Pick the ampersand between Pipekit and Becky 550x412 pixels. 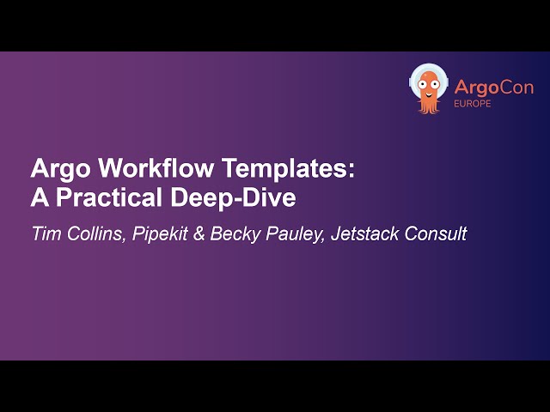point(199,233)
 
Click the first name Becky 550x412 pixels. point(231,233)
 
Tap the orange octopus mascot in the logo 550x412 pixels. point(427,88)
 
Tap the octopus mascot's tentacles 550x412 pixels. point(427,105)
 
